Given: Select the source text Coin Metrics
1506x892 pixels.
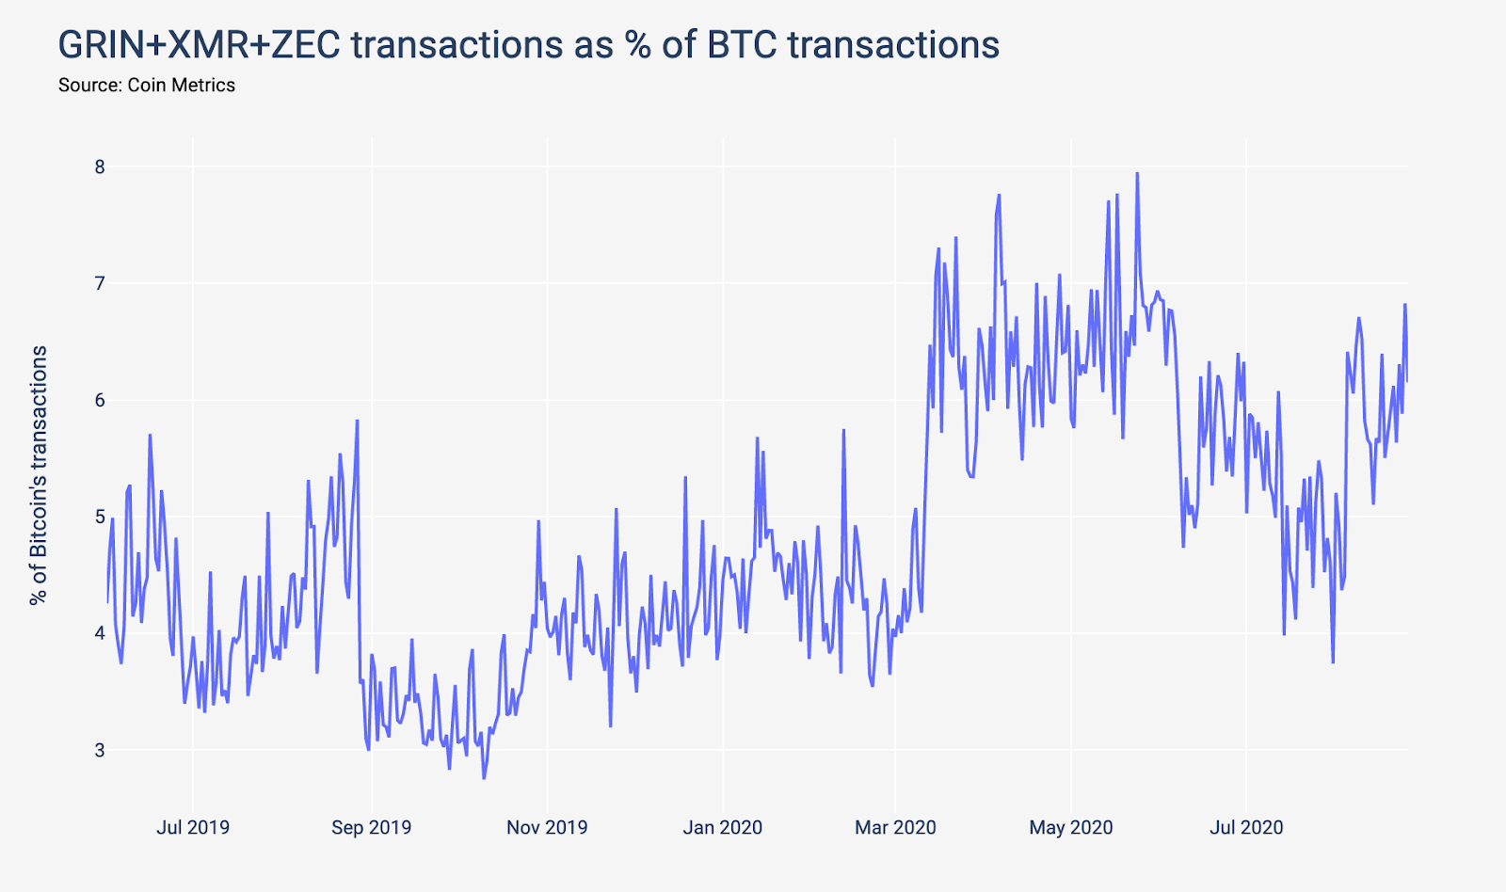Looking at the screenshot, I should (182, 85).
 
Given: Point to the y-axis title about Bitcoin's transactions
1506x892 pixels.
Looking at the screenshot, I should (39, 475).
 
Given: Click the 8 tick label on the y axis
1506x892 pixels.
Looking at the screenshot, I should (100, 167).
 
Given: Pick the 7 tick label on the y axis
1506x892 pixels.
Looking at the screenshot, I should (100, 283).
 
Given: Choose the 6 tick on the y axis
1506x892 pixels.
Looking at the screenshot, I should (100, 400).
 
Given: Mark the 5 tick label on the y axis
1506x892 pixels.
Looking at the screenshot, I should (100, 517).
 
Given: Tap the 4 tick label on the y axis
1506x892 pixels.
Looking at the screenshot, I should (100, 633).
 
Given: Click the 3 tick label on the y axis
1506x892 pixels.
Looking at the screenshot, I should (100, 750).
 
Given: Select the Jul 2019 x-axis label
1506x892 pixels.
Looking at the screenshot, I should (193, 827).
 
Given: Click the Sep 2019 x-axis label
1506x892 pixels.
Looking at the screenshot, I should (371, 827).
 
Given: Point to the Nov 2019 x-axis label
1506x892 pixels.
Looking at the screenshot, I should (547, 827).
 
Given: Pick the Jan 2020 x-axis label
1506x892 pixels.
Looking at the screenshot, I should (723, 827).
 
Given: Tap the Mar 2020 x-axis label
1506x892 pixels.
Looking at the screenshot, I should (895, 827).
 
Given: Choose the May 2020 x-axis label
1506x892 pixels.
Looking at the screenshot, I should (1071, 827).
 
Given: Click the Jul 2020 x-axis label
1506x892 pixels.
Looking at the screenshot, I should (1246, 827).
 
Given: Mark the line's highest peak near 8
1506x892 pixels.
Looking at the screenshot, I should (1137, 173).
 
